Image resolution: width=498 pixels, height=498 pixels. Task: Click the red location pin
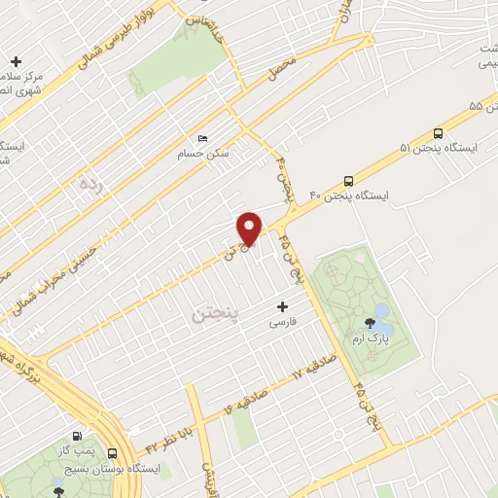[x=250, y=229]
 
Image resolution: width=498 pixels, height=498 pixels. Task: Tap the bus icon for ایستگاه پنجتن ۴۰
[x=349, y=181]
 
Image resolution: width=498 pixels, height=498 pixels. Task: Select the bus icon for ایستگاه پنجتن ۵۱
[x=438, y=133]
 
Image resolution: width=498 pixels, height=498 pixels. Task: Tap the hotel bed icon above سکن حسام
[x=202, y=139]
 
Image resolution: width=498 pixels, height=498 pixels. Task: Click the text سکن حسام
[x=202, y=154]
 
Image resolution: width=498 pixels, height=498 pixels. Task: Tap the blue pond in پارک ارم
[x=381, y=311]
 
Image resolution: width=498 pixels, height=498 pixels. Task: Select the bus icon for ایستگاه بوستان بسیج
[x=113, y=453]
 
